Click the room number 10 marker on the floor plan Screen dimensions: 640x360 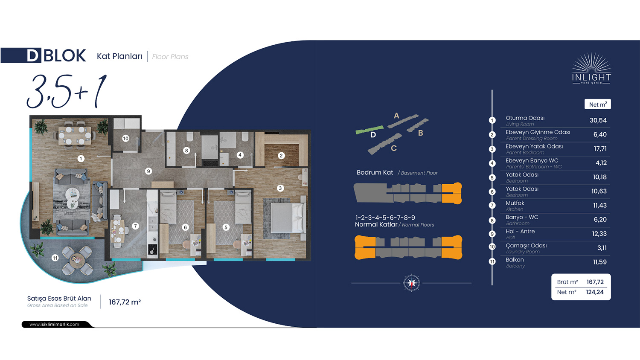[126, 139]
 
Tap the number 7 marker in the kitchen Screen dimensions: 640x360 [135, 226]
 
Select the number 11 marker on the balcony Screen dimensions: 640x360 [55, 258]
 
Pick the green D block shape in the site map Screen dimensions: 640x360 [369, 130]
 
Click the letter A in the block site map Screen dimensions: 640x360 [396, 116]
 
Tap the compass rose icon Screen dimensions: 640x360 [411, 283]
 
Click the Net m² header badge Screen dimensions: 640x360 [598, 104]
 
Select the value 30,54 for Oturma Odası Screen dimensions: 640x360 [598, 120]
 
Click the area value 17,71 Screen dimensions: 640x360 [600, 148]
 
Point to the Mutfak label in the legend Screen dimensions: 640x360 [515, 203]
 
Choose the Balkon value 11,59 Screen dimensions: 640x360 [600, 262]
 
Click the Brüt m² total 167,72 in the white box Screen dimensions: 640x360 [595, 282]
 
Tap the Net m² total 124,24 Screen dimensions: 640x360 [595, 292]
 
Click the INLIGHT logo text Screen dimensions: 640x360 [591, 78]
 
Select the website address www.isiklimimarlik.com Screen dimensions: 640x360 [54, 324]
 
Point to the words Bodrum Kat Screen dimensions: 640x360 [375, 173]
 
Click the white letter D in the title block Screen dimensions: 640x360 [32, 55]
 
